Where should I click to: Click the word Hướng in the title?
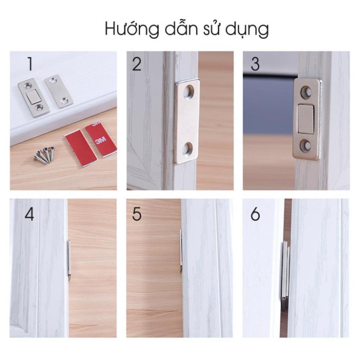(132, 29)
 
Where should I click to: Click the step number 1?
(30, 64)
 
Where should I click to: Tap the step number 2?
(137, 64)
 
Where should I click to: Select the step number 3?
(255, 64)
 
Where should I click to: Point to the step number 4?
(29, 214)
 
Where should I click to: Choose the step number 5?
(137, 214)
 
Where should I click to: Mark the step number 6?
(255, 214)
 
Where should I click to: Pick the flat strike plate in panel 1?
(59, 91)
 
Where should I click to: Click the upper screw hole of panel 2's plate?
(189, 91)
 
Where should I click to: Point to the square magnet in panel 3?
(306, 119)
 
